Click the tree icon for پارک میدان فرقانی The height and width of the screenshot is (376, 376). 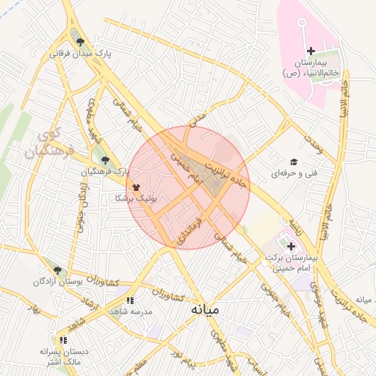point(80,42)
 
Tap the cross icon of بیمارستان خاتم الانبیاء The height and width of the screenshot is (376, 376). point(311,51)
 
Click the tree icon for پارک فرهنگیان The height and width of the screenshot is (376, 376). point(106,159)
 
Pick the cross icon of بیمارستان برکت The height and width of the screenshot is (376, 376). point(292,246)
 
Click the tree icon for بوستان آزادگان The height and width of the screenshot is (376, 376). point(58,270)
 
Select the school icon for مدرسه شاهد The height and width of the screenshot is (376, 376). point(130,300)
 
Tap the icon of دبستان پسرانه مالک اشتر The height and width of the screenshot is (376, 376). point(64,340)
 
